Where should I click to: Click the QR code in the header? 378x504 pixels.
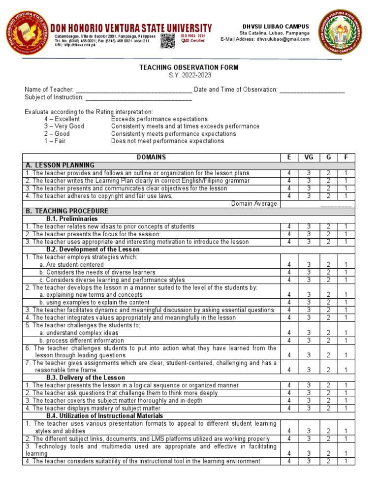[x=167, y=41]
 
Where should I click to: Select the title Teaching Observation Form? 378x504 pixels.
[x=189, y=67]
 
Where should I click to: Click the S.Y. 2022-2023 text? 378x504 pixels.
[x=189, y=75]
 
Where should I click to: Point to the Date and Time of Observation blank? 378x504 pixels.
[x=312, y=90]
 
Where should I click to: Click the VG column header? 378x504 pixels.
[x=309, y=157]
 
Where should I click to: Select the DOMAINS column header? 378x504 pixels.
[x=151, y=157]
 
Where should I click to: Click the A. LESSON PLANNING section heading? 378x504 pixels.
[x=60, y=165]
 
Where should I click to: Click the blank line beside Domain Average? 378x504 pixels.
[x=336, y=204]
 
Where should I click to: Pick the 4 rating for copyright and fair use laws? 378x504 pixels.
[x=289, y=196]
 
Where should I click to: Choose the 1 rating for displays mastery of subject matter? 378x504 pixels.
[x=346, y=408]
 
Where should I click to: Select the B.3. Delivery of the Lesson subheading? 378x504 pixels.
[x=86, y=378]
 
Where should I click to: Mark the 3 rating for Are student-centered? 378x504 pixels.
[x=309, y=265]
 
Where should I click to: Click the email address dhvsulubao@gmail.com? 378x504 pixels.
[x=283, y=39]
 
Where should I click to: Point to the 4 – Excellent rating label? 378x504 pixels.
[x=62, y=119]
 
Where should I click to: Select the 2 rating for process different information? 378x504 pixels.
[x=328, y=340]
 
